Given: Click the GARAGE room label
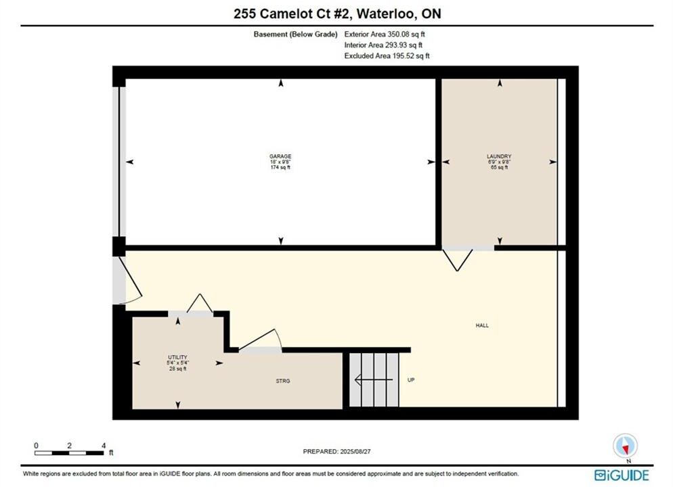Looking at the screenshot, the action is [280, 156].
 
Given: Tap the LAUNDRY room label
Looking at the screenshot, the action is [499, 156].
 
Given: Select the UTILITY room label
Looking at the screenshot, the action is [177, 357].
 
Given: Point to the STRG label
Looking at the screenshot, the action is [283, 381].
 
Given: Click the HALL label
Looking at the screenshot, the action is [482, 325].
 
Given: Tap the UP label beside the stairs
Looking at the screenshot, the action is [411, 380].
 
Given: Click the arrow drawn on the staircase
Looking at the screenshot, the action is [373, 380].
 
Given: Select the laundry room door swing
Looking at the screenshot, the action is [458, 260].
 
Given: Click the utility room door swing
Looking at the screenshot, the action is [200, 303].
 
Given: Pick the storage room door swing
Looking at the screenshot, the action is [260, 340].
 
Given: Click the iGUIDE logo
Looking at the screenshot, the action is [622, 475].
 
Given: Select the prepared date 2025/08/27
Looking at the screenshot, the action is [337, 451].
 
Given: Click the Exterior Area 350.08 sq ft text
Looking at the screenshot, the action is [385, 34].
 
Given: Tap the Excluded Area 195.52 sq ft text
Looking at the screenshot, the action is [387, 55].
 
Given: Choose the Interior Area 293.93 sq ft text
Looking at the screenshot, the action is [383, 45].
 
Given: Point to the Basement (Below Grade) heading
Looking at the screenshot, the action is [295, 34].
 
